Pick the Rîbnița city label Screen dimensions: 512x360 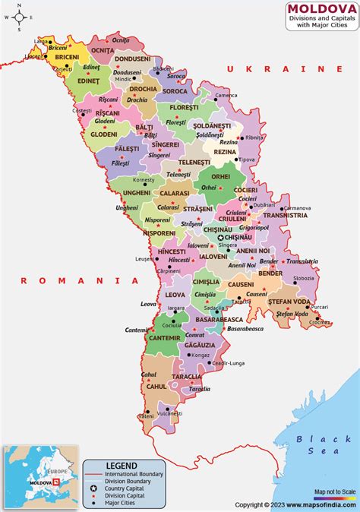pyautogui.click(x=256, y=137)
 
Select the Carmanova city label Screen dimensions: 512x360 pyautogui.click(x=298, y=207)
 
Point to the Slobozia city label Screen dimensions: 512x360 pyautogui.click(x=304, y=277)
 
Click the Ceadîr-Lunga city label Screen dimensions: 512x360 pyautogui.click(x=227, y=363)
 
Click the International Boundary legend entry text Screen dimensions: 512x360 pyautogui.click(x=133, y=474)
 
